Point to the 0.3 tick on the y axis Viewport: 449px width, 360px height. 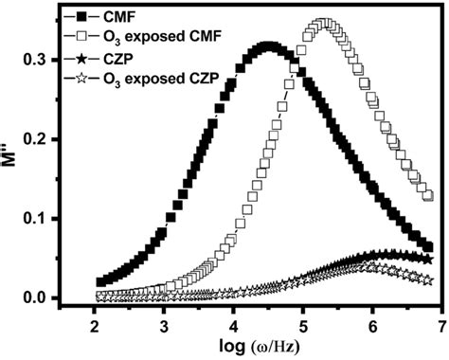coord(59,60)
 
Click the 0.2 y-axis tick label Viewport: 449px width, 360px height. coord(59,139)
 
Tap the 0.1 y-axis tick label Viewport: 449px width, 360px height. coord(59,219)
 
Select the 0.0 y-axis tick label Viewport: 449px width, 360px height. coord(59,298)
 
